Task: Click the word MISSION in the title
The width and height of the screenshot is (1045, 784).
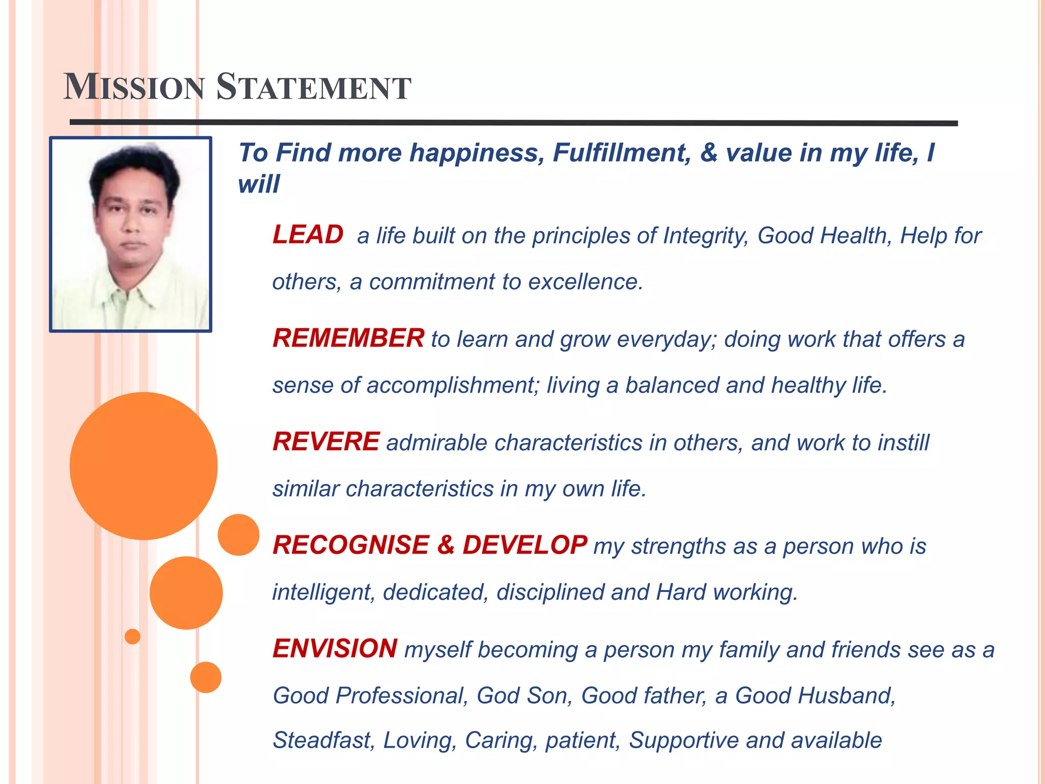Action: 134,87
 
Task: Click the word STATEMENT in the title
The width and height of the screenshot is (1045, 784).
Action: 313,87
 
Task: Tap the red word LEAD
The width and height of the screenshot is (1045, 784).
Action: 308,235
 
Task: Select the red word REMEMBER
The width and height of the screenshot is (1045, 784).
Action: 348,338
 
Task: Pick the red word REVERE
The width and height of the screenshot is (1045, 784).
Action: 326,442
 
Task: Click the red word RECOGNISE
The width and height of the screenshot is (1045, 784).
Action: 351,545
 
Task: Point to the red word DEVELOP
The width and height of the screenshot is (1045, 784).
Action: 525,545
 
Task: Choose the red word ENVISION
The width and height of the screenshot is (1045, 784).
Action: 335,649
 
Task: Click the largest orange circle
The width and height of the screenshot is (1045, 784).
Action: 143,465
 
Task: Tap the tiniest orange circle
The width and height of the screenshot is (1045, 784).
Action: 133,636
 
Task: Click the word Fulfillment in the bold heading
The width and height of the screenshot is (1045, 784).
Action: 621,153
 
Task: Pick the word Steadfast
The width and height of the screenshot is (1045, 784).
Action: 324,741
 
